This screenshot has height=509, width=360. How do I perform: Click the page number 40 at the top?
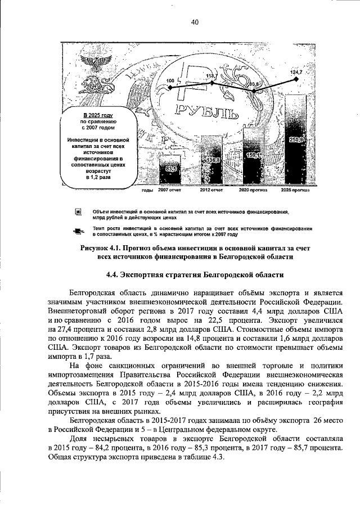[195, 22]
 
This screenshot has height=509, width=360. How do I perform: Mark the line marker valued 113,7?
[212, 83]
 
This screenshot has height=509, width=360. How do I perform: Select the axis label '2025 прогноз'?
[296, 190]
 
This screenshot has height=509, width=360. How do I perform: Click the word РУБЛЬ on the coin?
[206, 111]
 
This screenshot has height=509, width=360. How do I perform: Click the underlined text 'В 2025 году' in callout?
[98, 115]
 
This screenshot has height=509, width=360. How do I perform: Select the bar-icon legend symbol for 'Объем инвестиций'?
[79, 212]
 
